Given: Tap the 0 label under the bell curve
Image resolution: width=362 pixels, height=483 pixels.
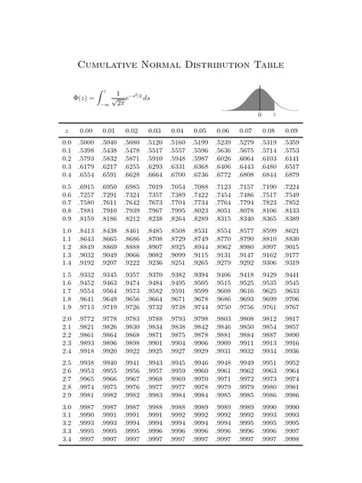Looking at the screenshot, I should (260, 114).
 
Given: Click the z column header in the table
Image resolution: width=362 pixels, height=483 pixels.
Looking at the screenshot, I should (66, 130).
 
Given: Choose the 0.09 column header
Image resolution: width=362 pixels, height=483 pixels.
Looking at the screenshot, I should (291, 130).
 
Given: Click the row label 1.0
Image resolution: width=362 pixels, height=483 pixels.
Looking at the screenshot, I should (66, 230).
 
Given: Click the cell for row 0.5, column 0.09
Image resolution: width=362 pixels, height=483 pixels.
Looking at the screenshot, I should (291, 186).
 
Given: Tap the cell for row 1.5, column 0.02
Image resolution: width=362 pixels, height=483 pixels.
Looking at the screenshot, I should (132, 274).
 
